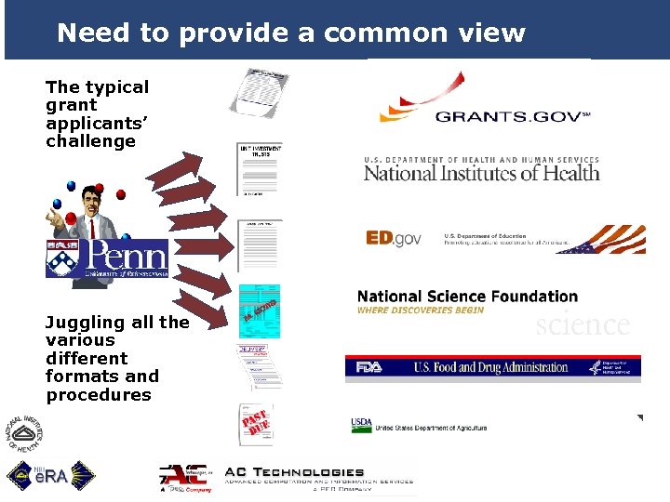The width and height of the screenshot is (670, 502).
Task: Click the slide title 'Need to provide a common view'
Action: tap(291, 33)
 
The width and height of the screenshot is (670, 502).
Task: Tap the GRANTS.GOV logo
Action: tap(484, 105)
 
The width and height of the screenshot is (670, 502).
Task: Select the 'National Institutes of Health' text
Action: tap(481, 171)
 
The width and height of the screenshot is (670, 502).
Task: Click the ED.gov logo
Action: tap(394, 239)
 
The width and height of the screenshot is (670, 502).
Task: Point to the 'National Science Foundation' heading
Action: tap(467, 297)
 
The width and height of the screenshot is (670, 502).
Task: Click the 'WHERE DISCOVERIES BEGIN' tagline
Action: tap(421, 310)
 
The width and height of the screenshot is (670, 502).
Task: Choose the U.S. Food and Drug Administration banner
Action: tap(492, 367)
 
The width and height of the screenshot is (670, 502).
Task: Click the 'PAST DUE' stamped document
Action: tap(256, 425)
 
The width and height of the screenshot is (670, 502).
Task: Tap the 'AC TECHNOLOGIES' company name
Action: tap(293, 473)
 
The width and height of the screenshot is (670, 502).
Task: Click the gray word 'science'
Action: tap(583, 324)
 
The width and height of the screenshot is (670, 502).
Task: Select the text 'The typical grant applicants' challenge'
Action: tap(97, 113)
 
